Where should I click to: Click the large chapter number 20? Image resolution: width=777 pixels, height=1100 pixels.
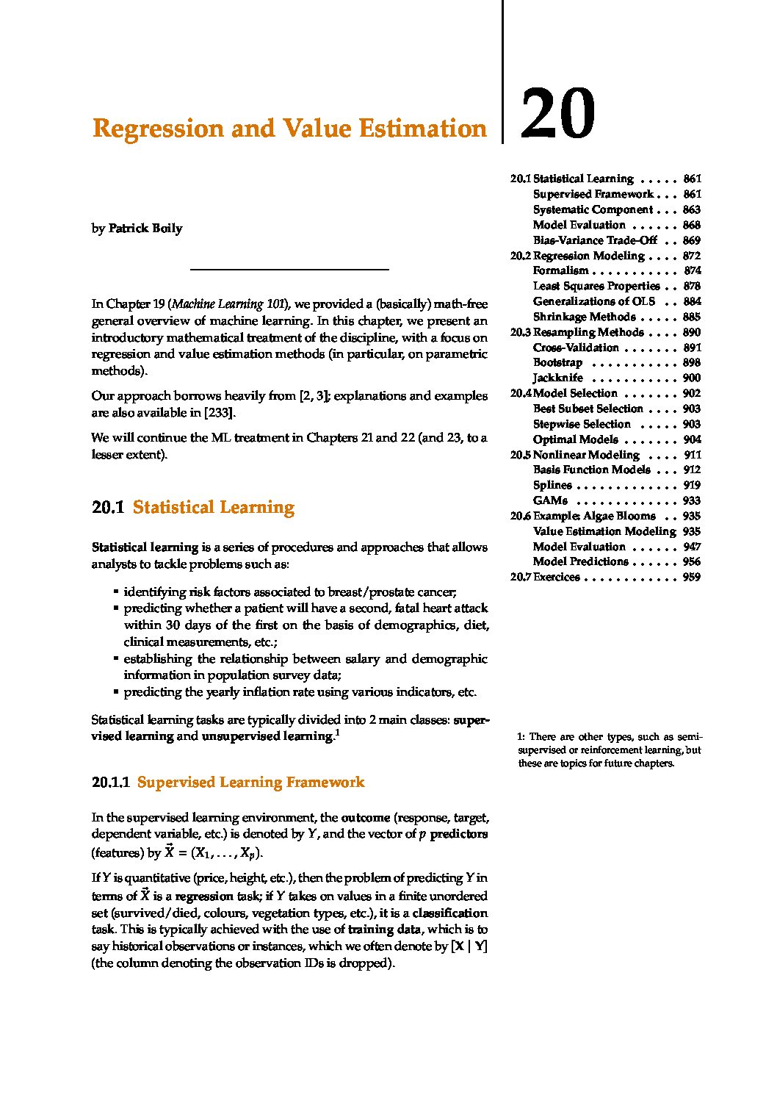[557, 114]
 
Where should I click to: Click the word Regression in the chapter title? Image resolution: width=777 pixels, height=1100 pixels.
[158, 129]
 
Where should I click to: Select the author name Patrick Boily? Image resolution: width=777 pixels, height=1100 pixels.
[145, 229]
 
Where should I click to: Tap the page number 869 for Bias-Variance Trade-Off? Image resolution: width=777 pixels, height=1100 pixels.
[691, 240]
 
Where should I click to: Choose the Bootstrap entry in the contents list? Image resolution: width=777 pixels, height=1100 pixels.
[557, 363]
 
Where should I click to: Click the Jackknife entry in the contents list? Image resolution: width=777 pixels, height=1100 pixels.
[558, 378]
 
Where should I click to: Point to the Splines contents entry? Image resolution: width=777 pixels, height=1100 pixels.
[552, 485]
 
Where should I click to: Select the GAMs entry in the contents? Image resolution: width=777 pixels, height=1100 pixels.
[550, 500]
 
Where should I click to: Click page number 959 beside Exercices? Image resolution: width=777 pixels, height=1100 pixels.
[691, 578]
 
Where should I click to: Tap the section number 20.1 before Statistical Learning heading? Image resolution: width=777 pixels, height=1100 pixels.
[108, 508]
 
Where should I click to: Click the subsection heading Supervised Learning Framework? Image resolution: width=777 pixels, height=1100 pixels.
[250, 783]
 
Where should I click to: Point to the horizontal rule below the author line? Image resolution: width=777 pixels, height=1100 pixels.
[289, 270]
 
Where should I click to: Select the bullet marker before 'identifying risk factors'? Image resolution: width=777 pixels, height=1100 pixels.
[115, 592]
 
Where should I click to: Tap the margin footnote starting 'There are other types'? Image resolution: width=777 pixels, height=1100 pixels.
[609, 750]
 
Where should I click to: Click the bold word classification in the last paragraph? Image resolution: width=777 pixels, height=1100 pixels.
[449, 913]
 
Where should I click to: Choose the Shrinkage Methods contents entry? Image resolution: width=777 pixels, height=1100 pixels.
[584, 317]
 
